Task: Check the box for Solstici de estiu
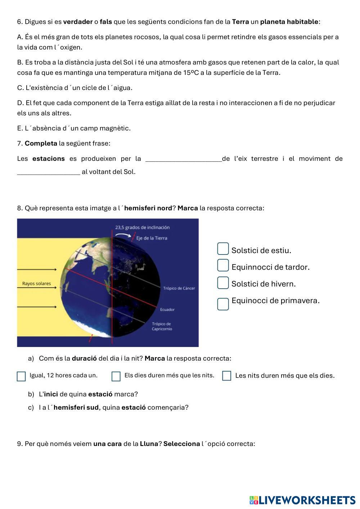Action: point(223,249)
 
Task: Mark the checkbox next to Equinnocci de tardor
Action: point(223,265)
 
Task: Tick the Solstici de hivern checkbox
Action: point(223,283)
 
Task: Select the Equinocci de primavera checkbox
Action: point(223,304)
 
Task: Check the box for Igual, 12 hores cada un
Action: point(21,376)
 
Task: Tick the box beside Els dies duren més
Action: point(116,376)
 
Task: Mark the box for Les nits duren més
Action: point(226,376)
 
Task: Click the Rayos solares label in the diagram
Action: point(36,284)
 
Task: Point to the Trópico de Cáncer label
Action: point(179,288)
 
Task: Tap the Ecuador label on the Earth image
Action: point(167,310)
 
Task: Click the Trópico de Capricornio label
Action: point(162,326)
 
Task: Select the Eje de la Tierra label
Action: point(152,238)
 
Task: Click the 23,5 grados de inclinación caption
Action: point(142,228)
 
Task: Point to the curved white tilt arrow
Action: point(123,235)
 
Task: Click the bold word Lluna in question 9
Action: point(149,444)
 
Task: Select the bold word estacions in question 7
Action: point(49,159)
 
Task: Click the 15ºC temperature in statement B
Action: point(191,73)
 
